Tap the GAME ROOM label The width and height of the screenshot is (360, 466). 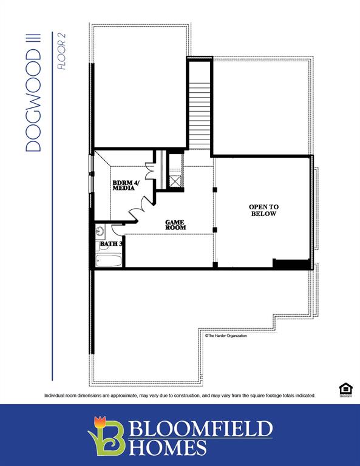click(x=175, y=225)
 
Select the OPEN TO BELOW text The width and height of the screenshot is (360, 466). click(x=263, y=211)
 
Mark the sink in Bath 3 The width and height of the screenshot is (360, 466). click(x=100, y=231)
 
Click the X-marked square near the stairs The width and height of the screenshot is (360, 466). click(x=175, y=180)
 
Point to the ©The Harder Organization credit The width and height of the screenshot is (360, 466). click(x=226, y=336)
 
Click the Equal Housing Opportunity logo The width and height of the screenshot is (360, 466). click(x=345, y=390)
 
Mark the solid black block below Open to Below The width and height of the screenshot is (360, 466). click(x=291, y=264)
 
